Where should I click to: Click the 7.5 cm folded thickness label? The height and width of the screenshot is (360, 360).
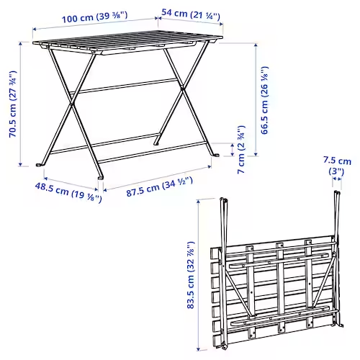pos(338,167)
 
